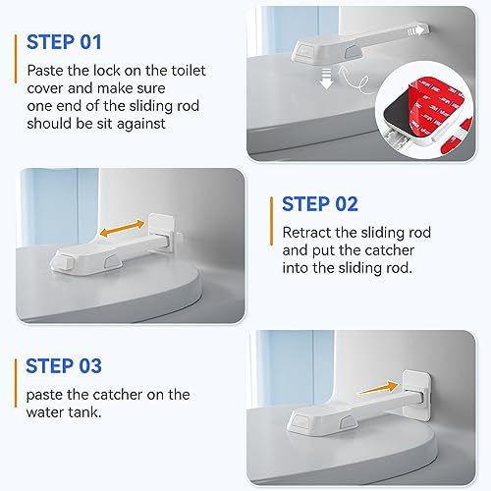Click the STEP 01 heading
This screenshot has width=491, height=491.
click(x=64, y=42)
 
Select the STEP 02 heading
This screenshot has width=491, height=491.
click(x=320, y=204)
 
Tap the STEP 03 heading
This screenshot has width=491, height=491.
click(x=64, y=365)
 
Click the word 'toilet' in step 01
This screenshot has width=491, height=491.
click(x=189, y=71)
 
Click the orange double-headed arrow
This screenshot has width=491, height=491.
click(x=122, y=229)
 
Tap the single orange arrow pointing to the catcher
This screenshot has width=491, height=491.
click(x=377, y=388)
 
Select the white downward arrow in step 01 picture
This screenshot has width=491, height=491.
click(x=326, y=80)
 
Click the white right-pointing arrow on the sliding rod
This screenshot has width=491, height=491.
click(x=415, y=30)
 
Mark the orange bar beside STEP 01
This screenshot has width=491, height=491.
click(x=15, y=59)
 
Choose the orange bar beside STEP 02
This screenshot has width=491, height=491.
click(x=271, y=221)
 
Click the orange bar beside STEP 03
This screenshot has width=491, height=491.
click(x=16, y=383)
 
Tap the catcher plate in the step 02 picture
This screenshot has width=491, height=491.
click(x=161, y=229)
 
